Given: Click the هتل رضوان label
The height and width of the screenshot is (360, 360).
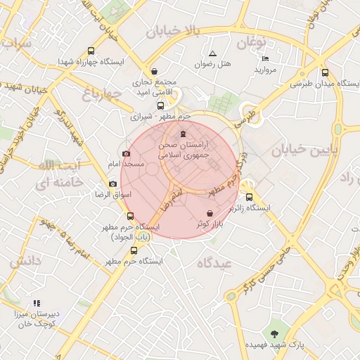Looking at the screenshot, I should pos(212,64).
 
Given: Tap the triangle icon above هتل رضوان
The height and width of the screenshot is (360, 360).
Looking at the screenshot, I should pos(212,53).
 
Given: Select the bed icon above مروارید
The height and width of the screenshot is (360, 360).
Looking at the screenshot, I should pos(264,58).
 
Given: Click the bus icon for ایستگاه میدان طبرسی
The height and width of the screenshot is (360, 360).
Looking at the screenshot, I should pos(324,72).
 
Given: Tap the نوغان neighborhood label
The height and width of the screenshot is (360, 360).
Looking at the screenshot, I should pos(253,44).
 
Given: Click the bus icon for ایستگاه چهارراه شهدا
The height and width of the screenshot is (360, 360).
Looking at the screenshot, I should pos(91,51).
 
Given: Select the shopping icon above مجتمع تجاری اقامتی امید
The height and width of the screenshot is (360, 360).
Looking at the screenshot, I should pos(155,71).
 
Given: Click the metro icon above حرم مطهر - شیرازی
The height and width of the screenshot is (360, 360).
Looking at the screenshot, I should pos(160,105).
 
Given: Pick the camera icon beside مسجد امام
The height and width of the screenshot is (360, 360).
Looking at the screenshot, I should pos(126,153).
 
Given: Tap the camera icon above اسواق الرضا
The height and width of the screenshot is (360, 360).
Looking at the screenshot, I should pos(112,184).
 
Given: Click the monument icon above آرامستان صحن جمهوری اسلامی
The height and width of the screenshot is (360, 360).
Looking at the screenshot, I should pos(184,134).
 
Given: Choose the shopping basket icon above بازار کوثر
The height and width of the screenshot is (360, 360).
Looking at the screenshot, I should pos(210,213).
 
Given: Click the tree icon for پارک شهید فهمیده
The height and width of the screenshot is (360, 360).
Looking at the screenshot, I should pos(274,333).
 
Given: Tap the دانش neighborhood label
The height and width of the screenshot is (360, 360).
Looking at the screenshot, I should pos(26,262).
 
